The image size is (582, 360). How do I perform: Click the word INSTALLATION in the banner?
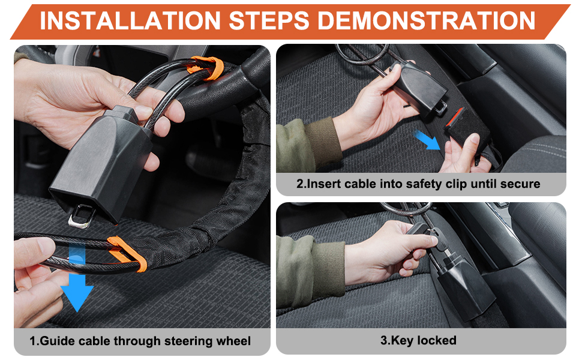click(130, 20)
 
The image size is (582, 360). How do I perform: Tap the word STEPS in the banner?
click(269, 20)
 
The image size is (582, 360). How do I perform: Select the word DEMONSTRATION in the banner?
click(427, 20)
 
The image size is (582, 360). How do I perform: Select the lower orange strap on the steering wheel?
click(127, 254)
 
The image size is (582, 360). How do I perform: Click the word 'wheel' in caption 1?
click(233, 340)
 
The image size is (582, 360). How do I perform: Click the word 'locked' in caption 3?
click(437, 340)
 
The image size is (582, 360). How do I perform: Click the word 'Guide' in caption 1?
click(58, 341)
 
